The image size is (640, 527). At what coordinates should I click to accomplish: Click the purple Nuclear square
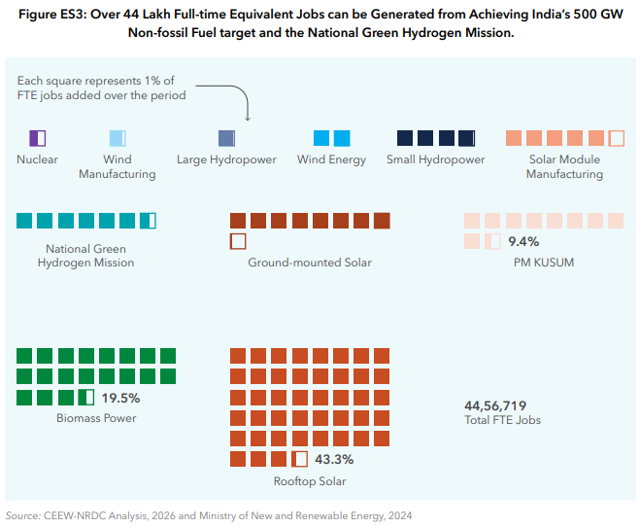coord(38,138)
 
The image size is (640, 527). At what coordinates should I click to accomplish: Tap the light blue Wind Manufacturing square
coord(118,138)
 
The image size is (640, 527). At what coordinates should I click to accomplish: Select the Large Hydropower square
coord(227,138)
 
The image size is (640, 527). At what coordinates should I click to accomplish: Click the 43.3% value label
coord(334,459)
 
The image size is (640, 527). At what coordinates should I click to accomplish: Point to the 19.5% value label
coord(120,398)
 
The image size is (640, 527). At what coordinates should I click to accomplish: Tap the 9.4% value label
coord(523,241)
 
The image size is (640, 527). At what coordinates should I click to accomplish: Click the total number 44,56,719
coord(495,405)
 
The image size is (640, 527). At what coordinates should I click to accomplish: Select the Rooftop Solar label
coord(310,481)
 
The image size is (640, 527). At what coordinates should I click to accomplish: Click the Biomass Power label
coord(96,418)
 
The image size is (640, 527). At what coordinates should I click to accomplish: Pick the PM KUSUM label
coord(544,263)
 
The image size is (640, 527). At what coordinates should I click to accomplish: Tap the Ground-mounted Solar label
coord(310,263)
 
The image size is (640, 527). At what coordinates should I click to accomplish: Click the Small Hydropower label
coord(435,159)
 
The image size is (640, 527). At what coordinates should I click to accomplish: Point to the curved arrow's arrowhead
coord(248,118)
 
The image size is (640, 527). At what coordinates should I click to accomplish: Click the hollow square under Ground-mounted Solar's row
coord(238,241)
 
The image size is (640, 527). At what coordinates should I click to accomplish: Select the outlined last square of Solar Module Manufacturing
coord(617,138)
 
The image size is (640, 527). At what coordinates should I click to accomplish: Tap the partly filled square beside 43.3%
coord(299,459)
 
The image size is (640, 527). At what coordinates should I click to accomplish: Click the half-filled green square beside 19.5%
coord(86,397)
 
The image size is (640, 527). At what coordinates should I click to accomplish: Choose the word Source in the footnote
coord(22,515)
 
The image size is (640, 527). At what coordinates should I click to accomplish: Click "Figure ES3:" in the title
coord(52,15)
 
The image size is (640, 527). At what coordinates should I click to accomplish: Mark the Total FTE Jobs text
coord(502,420)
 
